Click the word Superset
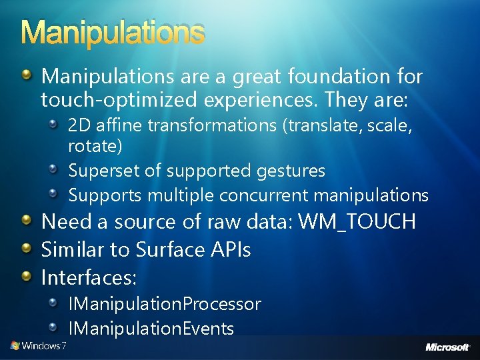click(x=105, y=171)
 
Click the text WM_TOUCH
click(x=357, y=221)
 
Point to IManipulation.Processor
click(x=165, y=304)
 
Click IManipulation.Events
click(x=151, y=328)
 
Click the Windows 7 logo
click(x=38, y=345)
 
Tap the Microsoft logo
click(x=448, y=347)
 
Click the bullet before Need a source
click(x=26, y=219)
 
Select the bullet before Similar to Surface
click(x=26, y=247)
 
